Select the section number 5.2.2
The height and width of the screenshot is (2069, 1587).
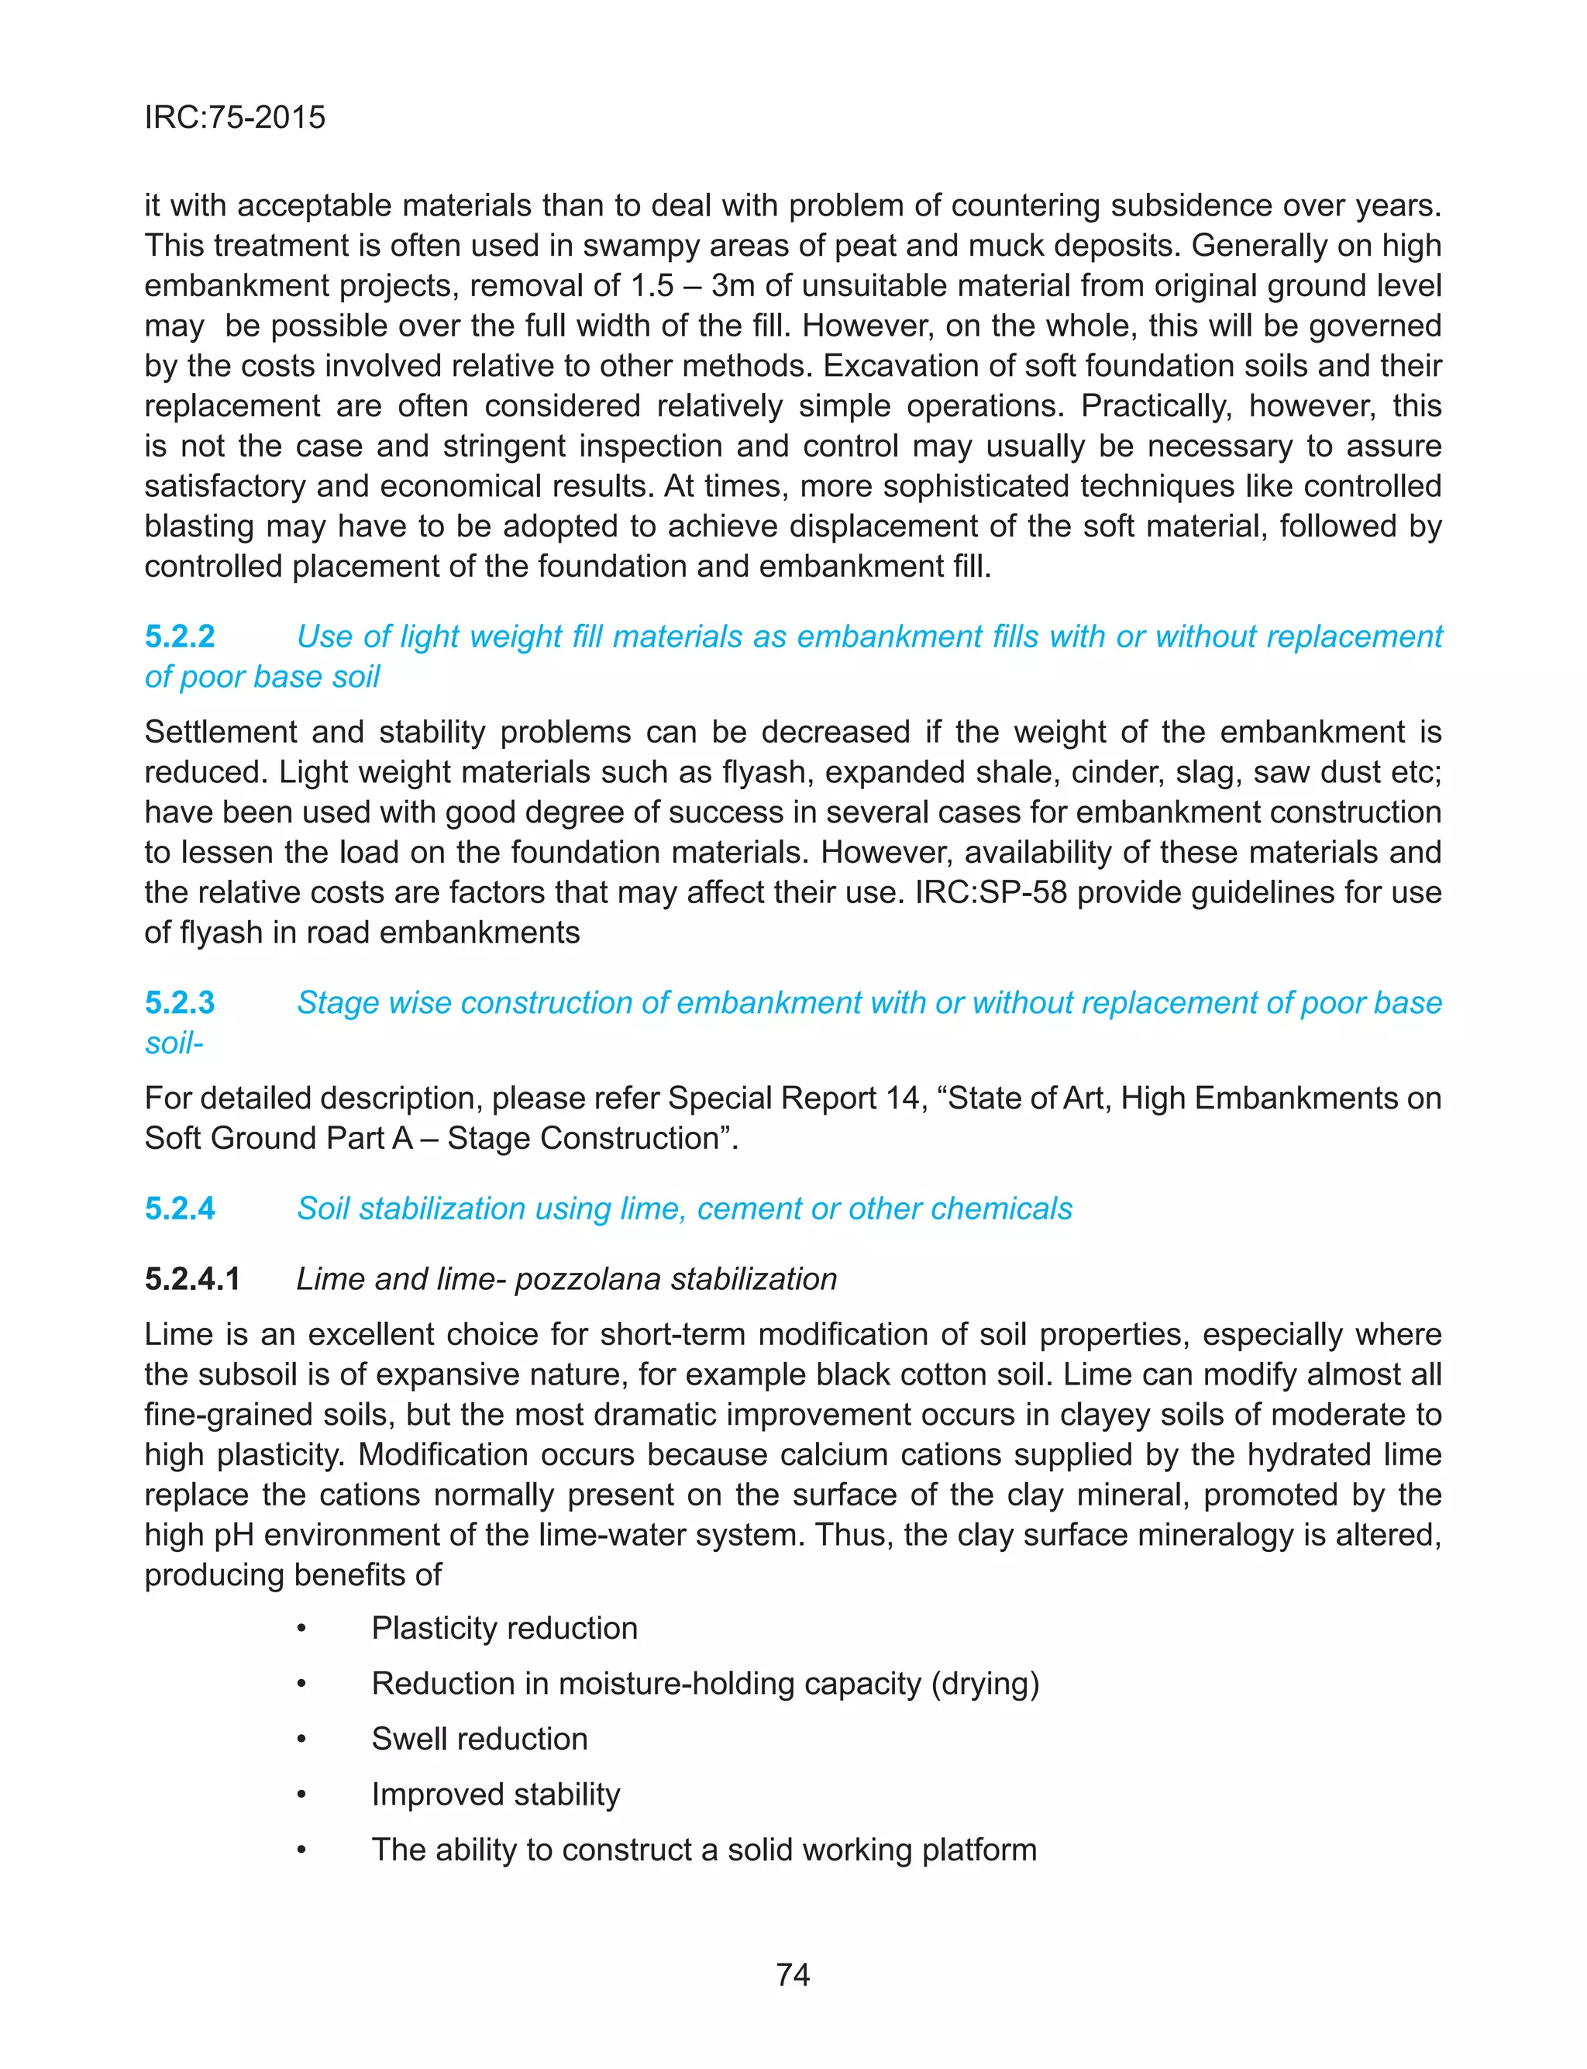(x=180, y=636)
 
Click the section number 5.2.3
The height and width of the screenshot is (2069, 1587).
(x=180, y=1002)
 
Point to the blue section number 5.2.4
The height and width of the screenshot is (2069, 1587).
(x=180, y=1209)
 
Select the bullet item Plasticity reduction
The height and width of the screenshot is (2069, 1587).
(x=504, y=1628)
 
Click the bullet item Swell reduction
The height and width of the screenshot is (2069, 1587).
(x=479, y=1738)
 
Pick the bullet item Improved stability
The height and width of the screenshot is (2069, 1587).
(x=495, y=1793)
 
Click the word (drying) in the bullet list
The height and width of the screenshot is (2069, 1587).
(x=984, y=1683)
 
